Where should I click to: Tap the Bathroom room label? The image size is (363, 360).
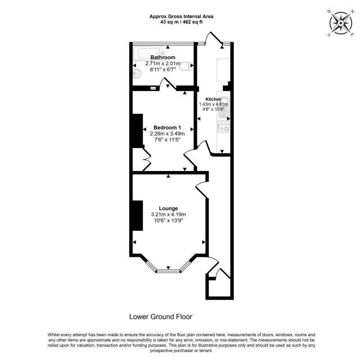click(x=163, y=58)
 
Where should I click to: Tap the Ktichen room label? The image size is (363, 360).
click(x=213, y=99)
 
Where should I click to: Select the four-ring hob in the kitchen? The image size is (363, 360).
click(x=223, y=126)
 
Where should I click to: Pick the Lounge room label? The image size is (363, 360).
click(x=168, y=208)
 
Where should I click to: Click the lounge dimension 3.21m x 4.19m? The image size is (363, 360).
click(x=168, y=215)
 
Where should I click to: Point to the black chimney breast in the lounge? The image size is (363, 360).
click(x=137, y=216)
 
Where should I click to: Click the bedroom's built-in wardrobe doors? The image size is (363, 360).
click(x=146, y=160)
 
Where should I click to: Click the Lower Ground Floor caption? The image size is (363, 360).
click(x=160, y=317)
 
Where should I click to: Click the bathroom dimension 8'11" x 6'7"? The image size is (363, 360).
click(x=163, y=70)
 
